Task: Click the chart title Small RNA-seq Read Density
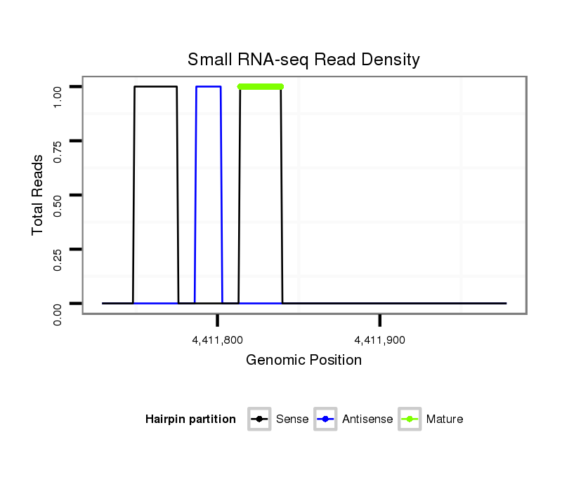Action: [303, 60]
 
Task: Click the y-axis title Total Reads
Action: [38, 195]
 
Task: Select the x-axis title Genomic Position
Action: [303, 361]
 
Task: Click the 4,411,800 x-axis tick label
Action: [218, 340]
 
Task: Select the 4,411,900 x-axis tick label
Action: [380, 340]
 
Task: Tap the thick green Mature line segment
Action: [261, 86]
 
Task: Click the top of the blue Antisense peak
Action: [209, 86]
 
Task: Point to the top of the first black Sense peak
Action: [155, 86]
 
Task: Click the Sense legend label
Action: [292, 419]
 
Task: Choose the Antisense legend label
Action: [367, 419]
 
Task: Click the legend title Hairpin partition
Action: [190, 419]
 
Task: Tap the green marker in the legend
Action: [410, 419]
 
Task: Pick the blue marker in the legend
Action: [327, 419]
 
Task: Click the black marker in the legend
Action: [260, 419]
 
